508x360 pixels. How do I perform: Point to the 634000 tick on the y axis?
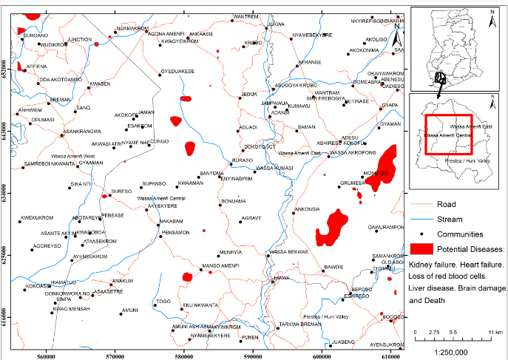(x=8, y=197)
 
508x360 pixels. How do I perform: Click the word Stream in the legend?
(x=450, y=219)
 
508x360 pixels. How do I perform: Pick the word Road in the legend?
(x=446, y=204)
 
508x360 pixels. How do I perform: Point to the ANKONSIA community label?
(x=307, y=209)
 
